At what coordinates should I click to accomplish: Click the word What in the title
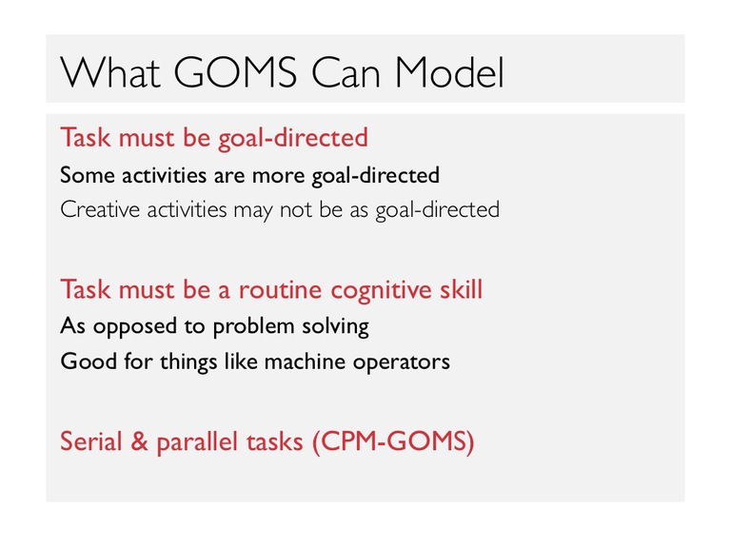tap(110, 72)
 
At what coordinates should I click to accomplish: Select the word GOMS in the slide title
tap(235, 72)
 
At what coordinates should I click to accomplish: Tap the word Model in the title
tap(450, 72)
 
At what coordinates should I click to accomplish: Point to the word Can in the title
tap(346, 72)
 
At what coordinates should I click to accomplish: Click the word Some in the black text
tap(88, 176)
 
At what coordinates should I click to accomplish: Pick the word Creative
tap(100, 209)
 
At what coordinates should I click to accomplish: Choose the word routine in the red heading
tap(280, 290)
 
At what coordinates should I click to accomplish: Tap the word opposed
tap(134, 327)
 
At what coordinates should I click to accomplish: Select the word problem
tap(253, 327)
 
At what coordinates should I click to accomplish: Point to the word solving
tap(336, 327)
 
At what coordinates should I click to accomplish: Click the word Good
tap(89, 362)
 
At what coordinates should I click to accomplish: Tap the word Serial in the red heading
tap(90, 440)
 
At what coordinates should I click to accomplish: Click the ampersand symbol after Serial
tap(139, 440)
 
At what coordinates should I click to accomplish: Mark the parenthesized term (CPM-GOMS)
tap(393, 441)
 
